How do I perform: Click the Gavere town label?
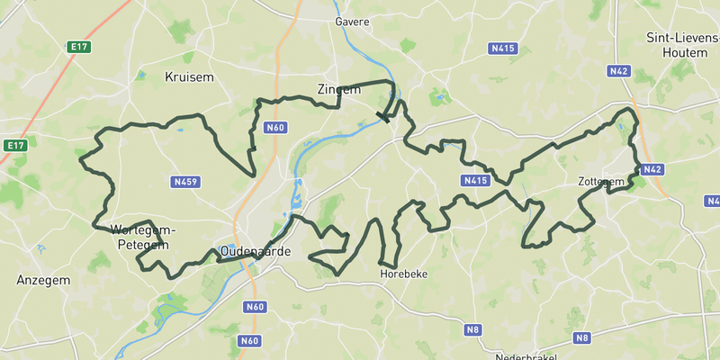coord(352,21)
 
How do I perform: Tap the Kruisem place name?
coord(190,77)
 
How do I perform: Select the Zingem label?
coord(338,89)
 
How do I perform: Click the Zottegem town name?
coord(601,182)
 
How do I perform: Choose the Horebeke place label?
coord(403,273)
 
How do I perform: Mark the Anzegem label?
coord(43,281)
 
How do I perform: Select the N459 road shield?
coord(184,182)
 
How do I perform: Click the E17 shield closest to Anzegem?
coord(14,145)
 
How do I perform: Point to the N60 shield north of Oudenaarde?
coord(275,128)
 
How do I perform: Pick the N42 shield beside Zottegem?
coord(652,169)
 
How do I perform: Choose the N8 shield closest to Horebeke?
coord(472,330)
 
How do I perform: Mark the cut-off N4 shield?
coord(713,201)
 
